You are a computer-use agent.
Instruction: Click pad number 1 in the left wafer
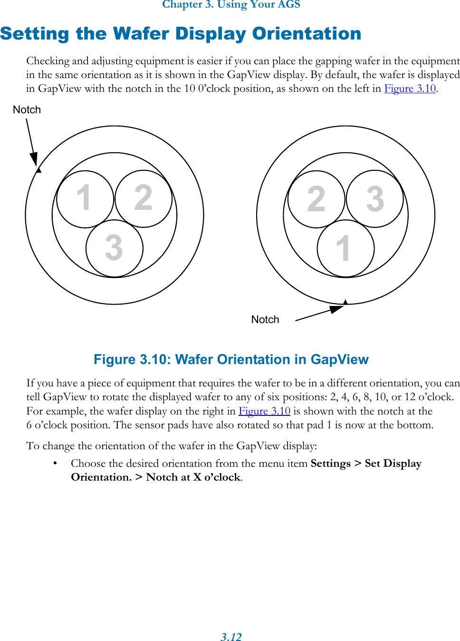pos(85,198)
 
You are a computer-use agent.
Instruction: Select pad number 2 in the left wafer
pos(143,198)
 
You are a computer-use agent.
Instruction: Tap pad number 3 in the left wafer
pos(114,248)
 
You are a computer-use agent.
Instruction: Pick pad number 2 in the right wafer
pos(316,199)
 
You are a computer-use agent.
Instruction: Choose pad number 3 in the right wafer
pos(375,199)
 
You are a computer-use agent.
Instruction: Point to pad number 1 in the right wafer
pos(345,248)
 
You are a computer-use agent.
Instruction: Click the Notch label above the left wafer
pos(27,110)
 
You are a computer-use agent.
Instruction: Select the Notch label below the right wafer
pos(265,320)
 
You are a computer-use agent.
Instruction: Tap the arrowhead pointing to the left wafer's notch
pos(34,159)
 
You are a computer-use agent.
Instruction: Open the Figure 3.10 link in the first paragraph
pos(410,89)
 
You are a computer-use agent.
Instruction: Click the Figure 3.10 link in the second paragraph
pos(264,411)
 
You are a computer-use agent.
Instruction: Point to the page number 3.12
pos(231,637)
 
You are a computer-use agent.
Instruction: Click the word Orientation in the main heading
pos(307,34)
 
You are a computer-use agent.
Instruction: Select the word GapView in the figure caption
pos(339,359)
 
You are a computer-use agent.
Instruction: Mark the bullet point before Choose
pos(56,463)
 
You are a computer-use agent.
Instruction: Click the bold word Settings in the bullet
pos(330,463)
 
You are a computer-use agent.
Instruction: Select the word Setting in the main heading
pos(35,34)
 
